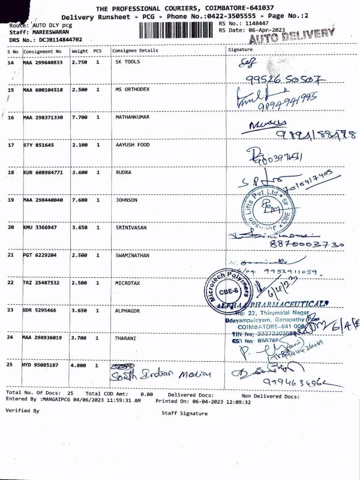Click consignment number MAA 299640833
[x=43, y=62]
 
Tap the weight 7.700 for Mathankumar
[x=79, y=117]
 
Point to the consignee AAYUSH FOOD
[x=133, y=145]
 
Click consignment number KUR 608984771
[x=43, y=172]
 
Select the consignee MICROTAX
[x=127, y=283]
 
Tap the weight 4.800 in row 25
[x=79, y=365]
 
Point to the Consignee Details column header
[x=135, y=50]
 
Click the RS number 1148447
[x=251, y=23]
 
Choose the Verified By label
[x=22, y=410]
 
